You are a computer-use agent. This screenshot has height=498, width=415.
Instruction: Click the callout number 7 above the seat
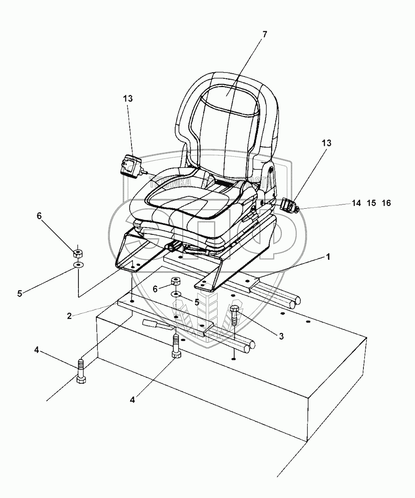[x=264, y=34]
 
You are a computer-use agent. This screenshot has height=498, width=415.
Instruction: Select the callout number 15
[x=371, y=203]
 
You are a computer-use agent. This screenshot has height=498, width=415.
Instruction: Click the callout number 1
[x=328, y=257]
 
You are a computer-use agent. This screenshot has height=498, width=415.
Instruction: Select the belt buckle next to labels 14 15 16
[x=289, y=204]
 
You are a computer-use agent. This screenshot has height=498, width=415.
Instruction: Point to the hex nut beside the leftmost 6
[x=78, y=252]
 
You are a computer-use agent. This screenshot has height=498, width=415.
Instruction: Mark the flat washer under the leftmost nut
[x=78, y=265]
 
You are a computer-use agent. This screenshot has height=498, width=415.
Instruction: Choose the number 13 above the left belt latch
[x=127, y=98]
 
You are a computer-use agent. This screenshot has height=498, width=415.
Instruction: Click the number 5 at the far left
[x=19, y=293]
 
